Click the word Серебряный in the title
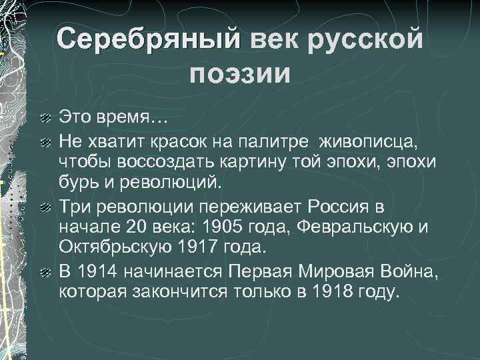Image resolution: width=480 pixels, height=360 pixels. click(x=149, y=38)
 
